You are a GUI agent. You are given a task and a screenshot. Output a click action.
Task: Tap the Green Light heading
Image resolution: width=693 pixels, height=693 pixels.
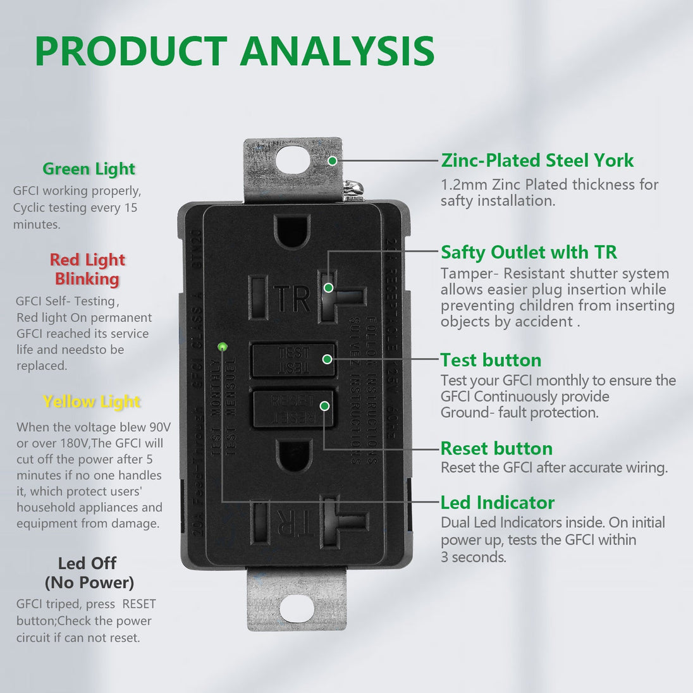pyautogui.click(x=89, y=169)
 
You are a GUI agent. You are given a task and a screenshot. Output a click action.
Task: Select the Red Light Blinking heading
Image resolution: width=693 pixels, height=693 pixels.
pyautogui.click(x=87, y=269)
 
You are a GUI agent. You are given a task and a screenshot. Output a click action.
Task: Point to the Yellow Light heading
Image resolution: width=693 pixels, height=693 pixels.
pyautogui.click(x=92, y=402)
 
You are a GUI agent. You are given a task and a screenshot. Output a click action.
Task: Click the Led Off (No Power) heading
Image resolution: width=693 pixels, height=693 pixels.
pyautogui.click(x=89, y=572)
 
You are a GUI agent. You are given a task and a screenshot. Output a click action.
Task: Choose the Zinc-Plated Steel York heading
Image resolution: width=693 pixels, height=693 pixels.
pyautogui.click(x=537, y=161)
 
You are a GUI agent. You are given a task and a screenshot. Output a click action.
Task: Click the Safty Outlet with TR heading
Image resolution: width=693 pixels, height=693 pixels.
pyautogui.click(x=529, y=252)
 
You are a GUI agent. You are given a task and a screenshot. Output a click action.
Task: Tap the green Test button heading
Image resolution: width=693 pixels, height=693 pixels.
pyautogui.click(x=491, y=360)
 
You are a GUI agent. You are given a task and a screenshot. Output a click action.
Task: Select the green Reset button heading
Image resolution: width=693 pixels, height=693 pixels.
pyautogui.click(x=496, y=448)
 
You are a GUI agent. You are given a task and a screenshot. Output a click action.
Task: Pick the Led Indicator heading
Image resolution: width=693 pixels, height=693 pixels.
pyautogui.click(x=497, y=503)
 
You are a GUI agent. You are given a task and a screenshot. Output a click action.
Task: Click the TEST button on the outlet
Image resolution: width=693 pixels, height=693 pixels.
pyautogui.click(x=293, y=360)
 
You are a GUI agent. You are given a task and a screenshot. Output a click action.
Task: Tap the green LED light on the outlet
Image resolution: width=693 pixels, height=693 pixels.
pyautogui.click(x=222, y=346)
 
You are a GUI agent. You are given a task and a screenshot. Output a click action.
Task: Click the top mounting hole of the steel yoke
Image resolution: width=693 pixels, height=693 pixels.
pyautogui.click(x=293, y=159)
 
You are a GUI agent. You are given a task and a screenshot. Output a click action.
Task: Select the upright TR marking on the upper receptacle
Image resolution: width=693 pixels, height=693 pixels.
pyautogui.click(x=292, y=298)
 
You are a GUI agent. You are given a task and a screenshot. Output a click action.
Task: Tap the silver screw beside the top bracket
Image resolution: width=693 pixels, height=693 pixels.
pyautogui.click(x=353, y=189)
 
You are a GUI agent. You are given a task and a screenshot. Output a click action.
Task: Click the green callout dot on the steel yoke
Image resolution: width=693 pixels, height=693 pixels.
pyautogui.click(x=332, y=161)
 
